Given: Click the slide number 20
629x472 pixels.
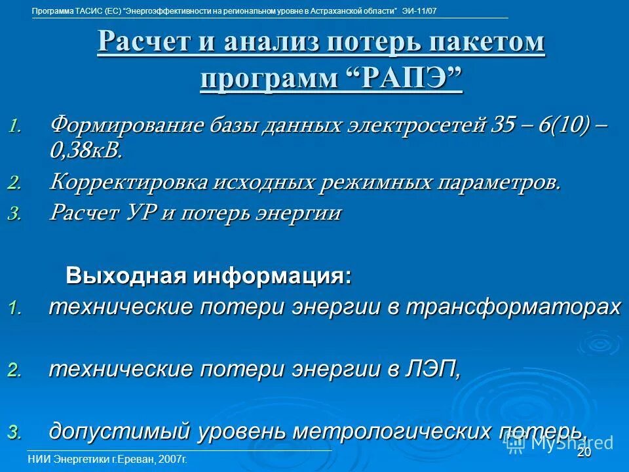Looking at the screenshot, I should (584, 452).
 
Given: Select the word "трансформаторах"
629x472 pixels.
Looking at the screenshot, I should (511, 307).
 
